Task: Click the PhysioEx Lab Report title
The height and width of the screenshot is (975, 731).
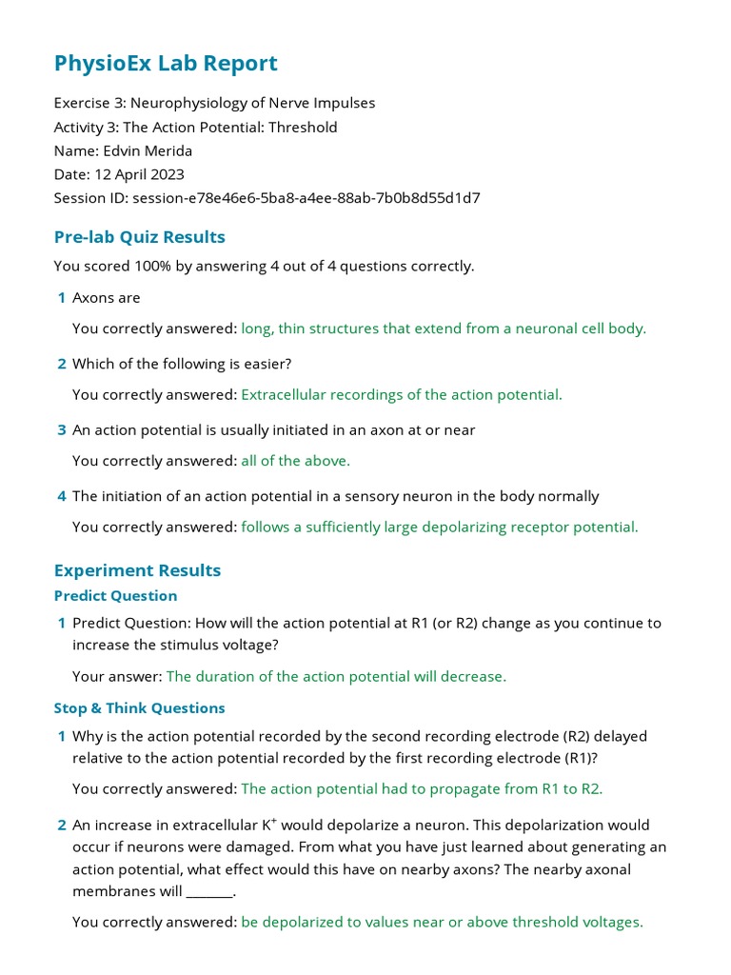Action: click(x=166, y=64)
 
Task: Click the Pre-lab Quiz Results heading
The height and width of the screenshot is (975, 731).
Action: click(x=139, y=237)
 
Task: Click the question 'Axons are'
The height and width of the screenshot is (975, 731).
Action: click(x=106, y=298)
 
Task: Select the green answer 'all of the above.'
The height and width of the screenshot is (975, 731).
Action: click(x=295, y=461)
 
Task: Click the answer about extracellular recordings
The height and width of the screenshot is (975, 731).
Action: click(x=401, y=394)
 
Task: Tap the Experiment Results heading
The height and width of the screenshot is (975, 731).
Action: click(x=137, y=570)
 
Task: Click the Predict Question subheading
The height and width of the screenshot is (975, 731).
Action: click(x=115, y=596)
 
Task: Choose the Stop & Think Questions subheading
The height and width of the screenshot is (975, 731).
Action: click(x=139, y=708)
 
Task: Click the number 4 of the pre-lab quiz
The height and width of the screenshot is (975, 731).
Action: click(x=62, y=496)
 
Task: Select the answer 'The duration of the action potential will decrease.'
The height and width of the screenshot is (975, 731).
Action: click(x=336, y=676)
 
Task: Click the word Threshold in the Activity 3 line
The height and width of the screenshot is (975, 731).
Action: click(x=303, y=127)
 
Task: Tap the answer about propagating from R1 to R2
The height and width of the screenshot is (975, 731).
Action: click(x=422, y=788)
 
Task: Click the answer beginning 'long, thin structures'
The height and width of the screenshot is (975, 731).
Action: click(x=443, y=328)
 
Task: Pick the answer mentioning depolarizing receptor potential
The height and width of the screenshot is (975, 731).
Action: click(x=439, y=527)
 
